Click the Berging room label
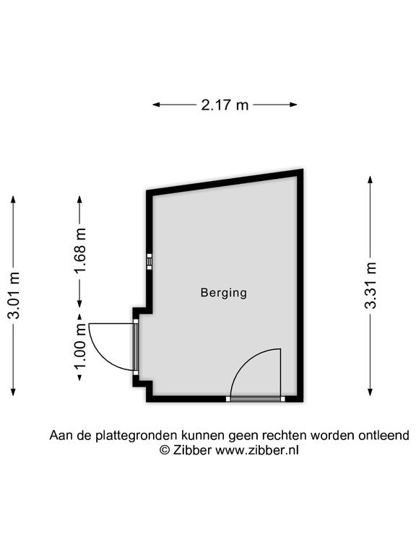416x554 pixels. click(x=224, y=293)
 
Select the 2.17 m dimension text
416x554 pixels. click(x=225, y=105)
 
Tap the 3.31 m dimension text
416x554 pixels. click(x=370, y=286)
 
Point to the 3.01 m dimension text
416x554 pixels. click(x=14, y=295)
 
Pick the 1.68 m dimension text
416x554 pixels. click(x=80, y=250)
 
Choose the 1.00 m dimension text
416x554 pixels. click(x=80, y=346)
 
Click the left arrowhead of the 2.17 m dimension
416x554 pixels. click(x=156, y=105)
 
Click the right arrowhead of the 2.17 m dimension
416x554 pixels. click(x=293, y=105)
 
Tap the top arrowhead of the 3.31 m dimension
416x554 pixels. click(x=370, y=180)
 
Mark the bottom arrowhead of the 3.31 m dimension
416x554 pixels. click(x=370, y=392)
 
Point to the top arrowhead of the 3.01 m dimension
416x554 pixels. click(x=14, y=200)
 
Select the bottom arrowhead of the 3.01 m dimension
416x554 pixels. click(x=14, y=392)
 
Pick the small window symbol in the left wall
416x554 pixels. click(x=149, y=261)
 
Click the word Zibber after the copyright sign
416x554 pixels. click(x=192, y=450)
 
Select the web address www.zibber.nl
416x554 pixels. click(x=257, y=450)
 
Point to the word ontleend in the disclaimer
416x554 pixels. click(x=383, y=435)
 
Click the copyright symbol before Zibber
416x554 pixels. click(x=165, y=450)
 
